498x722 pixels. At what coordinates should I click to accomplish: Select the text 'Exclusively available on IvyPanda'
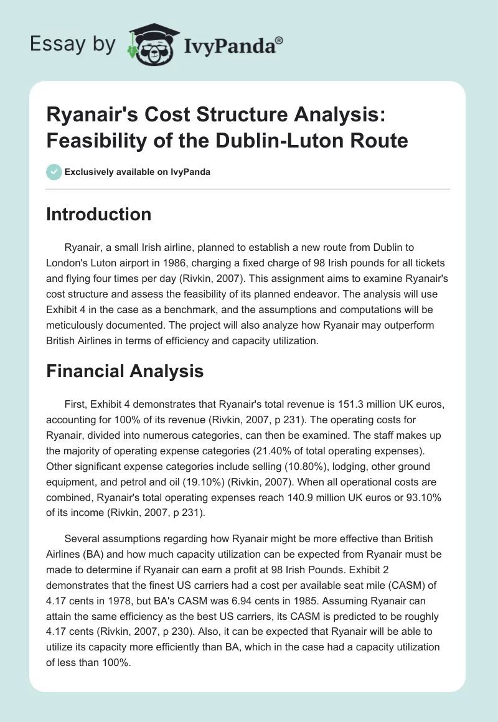pyautogui.click(x=137, y=172)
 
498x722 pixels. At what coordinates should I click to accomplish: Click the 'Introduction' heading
pyautogui.click(x=99, y=214)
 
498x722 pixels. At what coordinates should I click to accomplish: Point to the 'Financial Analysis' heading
pyautogui.click(x=125, y=371)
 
